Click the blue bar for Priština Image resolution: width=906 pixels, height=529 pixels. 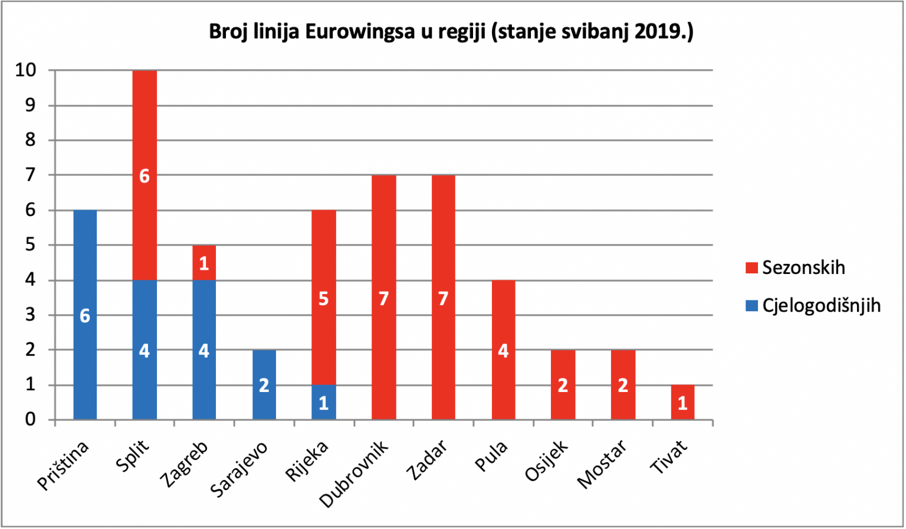85,315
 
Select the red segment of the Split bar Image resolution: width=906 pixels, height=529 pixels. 145,175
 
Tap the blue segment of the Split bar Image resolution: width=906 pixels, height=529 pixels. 145,350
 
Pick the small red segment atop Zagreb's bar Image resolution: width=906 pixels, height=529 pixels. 204,263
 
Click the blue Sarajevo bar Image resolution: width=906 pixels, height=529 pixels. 264,384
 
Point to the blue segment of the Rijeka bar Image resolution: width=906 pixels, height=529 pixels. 324,402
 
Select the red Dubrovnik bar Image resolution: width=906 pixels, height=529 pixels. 384,297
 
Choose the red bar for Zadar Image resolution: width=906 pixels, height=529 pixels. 444,297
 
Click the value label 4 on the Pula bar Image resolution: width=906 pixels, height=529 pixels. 503,351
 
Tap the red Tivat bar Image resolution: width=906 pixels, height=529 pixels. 682,402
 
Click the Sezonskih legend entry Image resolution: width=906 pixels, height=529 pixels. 795,267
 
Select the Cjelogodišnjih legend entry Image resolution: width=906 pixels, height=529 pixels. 813,306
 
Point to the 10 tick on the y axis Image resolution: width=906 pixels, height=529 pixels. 25,70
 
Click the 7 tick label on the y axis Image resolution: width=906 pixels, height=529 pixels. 31,175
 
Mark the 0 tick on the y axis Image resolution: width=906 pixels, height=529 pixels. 31,419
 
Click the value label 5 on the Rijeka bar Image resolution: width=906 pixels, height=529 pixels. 324,299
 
